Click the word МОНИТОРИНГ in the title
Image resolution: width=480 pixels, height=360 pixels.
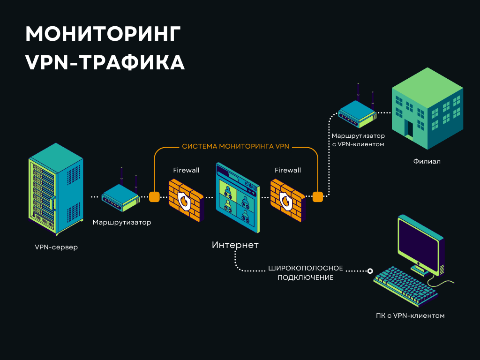(x=103, y=35)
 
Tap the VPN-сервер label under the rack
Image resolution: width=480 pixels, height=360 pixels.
(x=56, y=247)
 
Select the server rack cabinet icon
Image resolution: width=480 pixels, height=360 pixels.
(x=56, y=190)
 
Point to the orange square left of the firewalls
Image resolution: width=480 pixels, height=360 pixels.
(x=154, y=196)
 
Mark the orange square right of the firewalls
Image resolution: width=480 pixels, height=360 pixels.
(x=318, y=196)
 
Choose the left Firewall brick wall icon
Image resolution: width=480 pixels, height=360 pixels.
(x=186, y=199)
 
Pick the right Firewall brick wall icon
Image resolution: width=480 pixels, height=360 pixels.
(x=287, y=199)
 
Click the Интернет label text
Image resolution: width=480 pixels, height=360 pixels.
(x=235, y=245)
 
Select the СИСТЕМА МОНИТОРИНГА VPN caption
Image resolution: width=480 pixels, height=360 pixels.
(x=236, y=147)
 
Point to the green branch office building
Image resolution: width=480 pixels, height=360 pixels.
(x=427, y=112)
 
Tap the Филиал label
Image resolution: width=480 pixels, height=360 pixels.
(x=427, y=161)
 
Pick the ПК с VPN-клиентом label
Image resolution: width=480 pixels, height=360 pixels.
(x=410, y=315)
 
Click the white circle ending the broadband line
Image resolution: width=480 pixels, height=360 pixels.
(x=370, y=271)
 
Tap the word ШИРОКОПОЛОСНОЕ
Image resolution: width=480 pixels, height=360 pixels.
(x=306, y=269)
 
